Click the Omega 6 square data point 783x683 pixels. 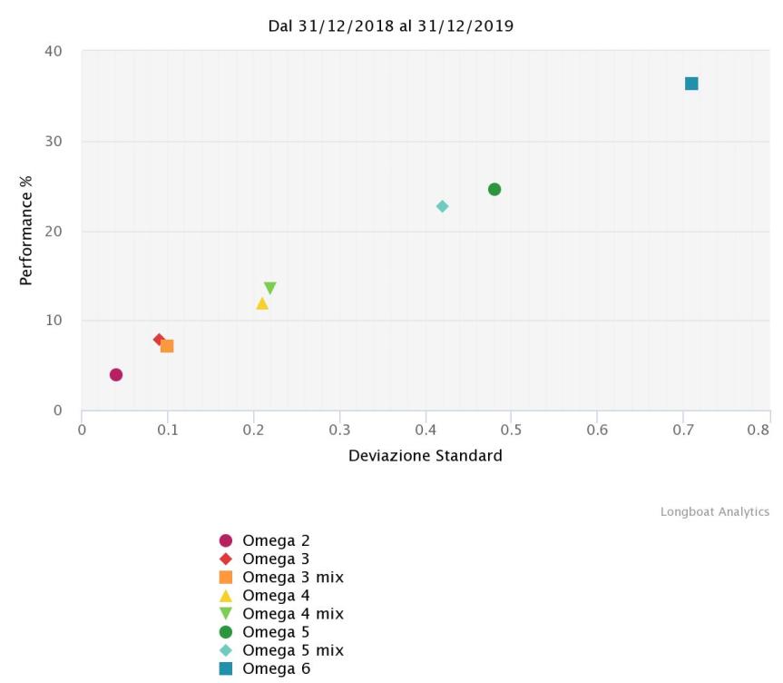coord(691,84)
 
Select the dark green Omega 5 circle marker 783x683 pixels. coord(494,189)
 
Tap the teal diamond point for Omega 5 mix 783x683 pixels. coord(442,206)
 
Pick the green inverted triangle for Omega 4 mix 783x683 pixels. coord(269,288)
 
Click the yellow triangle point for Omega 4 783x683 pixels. coord(262,303)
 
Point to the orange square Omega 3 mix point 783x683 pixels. coord(167,346)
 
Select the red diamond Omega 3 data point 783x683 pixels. coord(159,340)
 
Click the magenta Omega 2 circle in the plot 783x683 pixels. coord(116,374)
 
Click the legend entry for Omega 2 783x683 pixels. coord(276,541)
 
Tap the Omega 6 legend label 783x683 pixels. coord(276,668)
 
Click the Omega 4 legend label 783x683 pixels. coord(276,595)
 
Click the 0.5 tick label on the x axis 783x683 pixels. coord(512,430)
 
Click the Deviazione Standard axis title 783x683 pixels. coord(425,456)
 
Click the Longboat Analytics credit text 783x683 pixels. coord(714,512)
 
